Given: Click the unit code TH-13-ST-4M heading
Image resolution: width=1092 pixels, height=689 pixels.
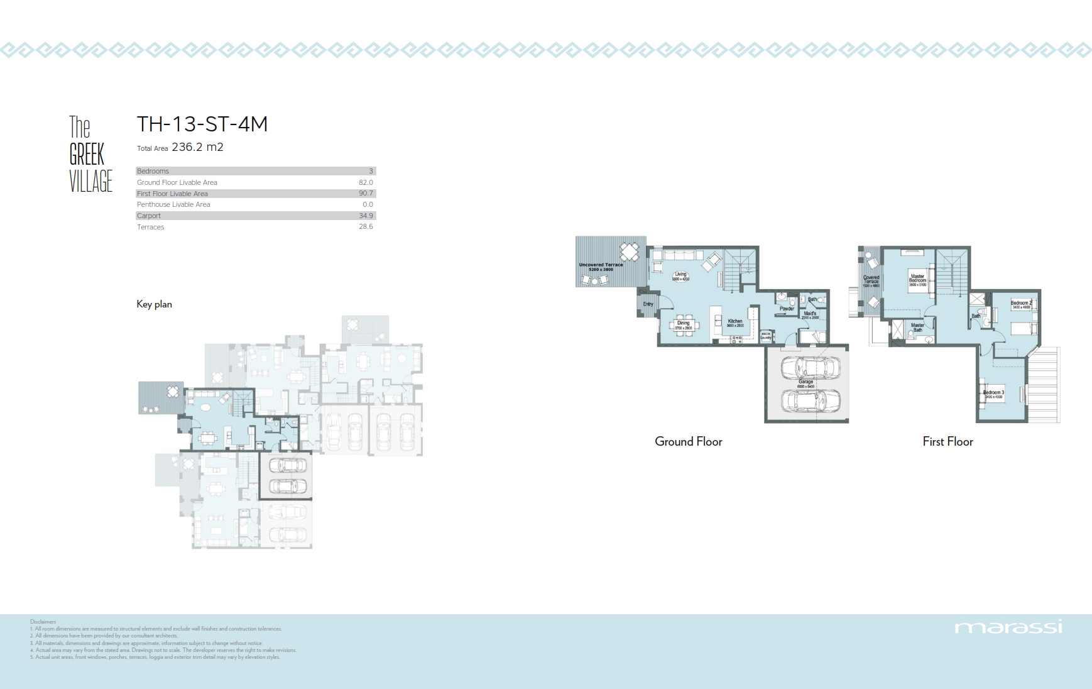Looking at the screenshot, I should (x=202, y=124).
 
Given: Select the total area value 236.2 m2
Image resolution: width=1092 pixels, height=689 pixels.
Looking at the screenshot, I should (x=197, y=147).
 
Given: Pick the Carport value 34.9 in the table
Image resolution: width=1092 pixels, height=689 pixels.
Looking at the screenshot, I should (x=366, y=216).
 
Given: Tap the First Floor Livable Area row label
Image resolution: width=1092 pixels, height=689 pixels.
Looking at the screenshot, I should (x=172, y=194).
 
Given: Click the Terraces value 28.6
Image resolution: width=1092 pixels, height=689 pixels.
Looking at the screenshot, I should (x=366, y=227).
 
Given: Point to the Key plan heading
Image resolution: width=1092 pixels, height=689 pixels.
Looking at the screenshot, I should (x=154, y=304).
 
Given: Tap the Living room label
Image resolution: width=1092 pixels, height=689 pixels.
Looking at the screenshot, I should (x=680, y=275).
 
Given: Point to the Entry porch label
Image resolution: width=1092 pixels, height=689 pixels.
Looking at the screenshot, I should (x=648, y=304).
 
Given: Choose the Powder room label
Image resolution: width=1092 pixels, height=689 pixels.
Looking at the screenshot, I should (x=787, y=309).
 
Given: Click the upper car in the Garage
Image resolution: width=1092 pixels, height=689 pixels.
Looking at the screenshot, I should (x=810, y=368).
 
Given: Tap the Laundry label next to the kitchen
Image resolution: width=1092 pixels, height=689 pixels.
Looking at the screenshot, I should (x=765, y=337).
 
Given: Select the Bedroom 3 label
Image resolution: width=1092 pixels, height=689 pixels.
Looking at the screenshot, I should (x=993, y=394).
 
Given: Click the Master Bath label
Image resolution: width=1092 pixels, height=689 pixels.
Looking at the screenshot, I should (x=917, y=328).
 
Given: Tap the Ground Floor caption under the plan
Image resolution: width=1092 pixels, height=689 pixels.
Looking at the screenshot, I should (x=688, y=442).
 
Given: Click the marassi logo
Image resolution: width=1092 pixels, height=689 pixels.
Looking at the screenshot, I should (x=1008, y=627).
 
